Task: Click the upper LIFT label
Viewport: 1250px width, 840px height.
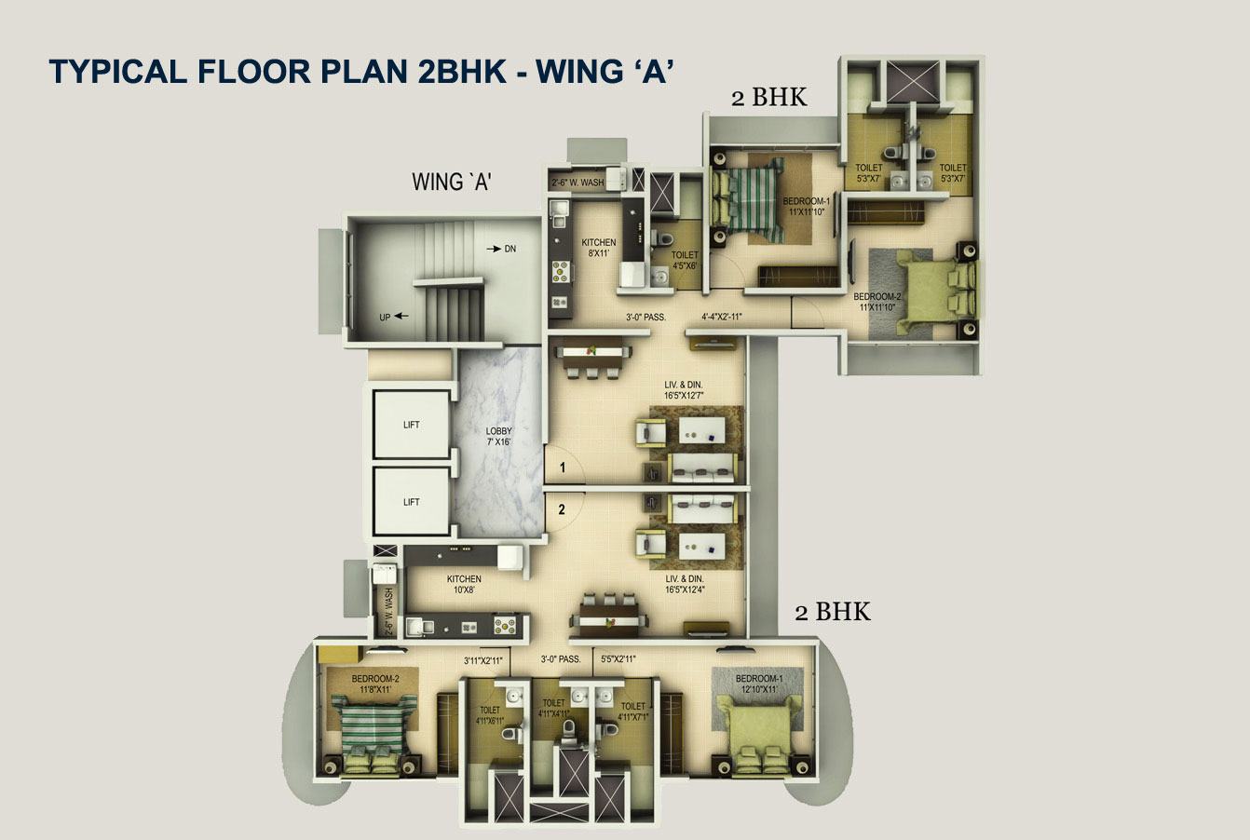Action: point(412,425)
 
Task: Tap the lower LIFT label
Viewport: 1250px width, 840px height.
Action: point(412,502)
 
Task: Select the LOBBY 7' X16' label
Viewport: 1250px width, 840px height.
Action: point(498,436)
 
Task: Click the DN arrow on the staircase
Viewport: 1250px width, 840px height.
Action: point(494,249)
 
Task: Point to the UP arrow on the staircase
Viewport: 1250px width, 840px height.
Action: point(401,316)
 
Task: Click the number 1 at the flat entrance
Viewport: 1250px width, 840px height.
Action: point(563,467)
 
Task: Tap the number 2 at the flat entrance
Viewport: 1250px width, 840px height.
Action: point(562,509)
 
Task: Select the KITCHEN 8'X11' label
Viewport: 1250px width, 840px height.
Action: point(599,248)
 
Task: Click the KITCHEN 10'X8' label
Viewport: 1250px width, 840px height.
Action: point(464,584)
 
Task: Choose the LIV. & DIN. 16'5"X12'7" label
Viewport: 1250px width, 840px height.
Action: point(684,390)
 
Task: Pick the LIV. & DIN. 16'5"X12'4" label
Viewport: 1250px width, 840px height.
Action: point(685,584)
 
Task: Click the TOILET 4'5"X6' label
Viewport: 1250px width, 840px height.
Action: point(685,261)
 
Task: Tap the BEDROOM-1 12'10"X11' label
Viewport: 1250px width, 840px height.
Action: point(759,684)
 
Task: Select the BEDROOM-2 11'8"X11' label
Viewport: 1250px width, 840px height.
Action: point(375,684)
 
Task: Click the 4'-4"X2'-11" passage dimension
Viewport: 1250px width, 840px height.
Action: point(722,317)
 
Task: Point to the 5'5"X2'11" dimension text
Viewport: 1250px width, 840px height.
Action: point(618,659)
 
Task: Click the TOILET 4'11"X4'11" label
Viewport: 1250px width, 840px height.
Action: point(553,709)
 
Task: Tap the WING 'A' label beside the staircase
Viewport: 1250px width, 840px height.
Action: point(452,182)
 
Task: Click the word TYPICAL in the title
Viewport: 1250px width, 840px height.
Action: point(117,72)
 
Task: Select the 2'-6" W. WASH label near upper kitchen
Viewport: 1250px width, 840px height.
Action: point(577,183)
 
